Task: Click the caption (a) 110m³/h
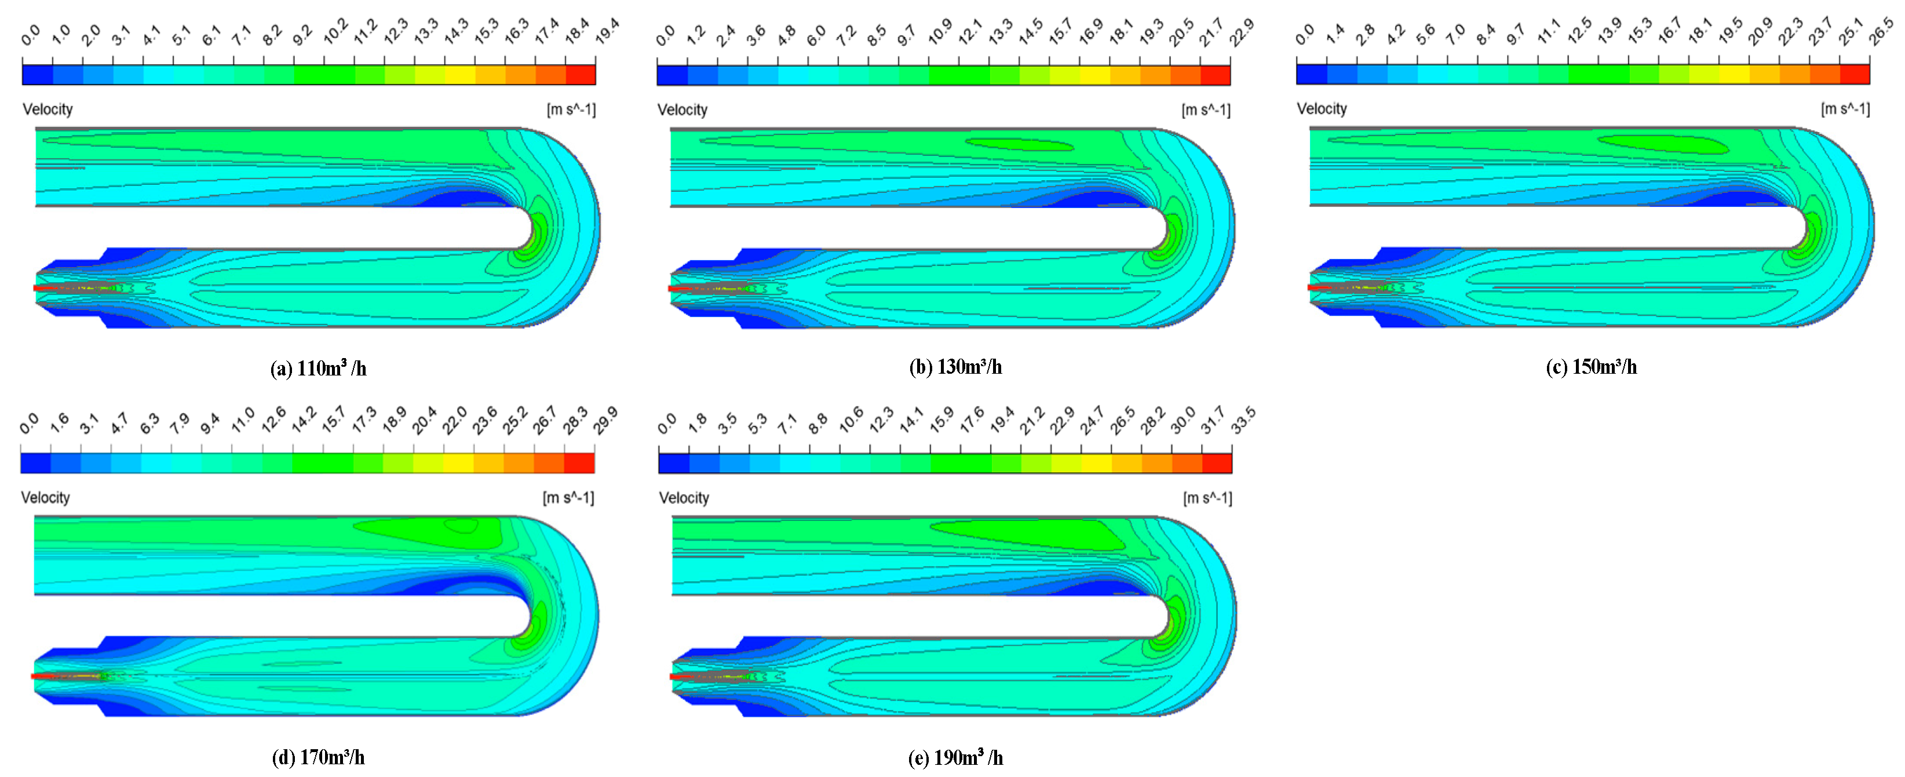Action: pyautogui.click(x=318, y=368)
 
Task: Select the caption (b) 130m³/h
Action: pyautogui.click(x=955, y=367)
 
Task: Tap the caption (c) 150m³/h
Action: pyautogui.click(x=1592, y=367)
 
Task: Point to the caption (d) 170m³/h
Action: pyautogui.click(x=318, y=757)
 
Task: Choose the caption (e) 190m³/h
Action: pyautogui.click(x=955, y=757)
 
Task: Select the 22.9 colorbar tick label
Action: pyautogui.click(x=1242, y=32)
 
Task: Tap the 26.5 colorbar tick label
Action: pyautogui.click(x=1881, y=32)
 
